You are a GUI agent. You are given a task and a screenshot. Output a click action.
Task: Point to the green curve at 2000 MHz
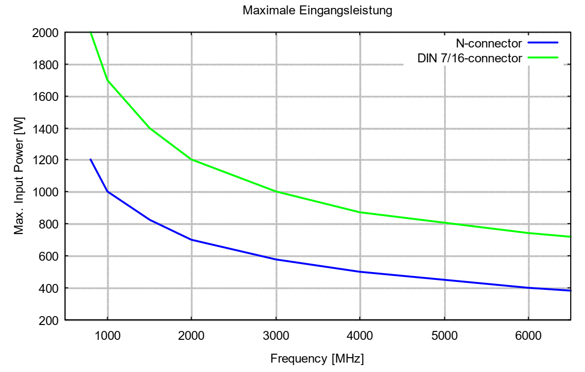191,160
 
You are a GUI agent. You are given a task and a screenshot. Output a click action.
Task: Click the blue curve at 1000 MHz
107,192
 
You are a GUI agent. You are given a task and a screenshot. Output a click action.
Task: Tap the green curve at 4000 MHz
360,212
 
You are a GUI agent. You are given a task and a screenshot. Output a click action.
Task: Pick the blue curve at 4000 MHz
360,272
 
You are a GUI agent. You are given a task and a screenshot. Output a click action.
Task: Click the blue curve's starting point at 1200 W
90,160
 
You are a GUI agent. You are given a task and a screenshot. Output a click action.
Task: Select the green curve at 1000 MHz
107,81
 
